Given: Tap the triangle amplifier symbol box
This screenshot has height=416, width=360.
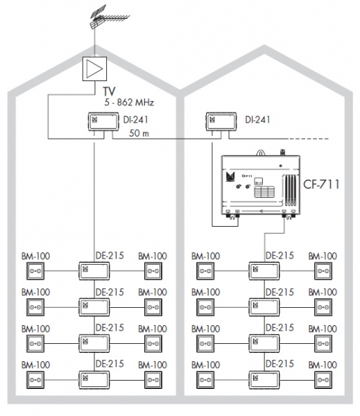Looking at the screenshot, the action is pyautogui.click(x=94, y=69).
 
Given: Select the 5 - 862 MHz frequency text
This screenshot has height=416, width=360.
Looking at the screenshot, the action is pyautogui.click(x=129, y=102).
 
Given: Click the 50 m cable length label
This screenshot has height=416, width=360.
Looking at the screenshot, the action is pyautogui.click(x=139, y=133).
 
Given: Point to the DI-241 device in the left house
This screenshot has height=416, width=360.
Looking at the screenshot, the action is pyautogui.click(x=103, y=121).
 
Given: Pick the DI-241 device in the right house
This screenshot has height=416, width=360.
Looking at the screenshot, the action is pyautogui.click(x=221, y=121).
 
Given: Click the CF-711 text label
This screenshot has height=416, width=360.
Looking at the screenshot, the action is pyautogui.click(x=321, y=184).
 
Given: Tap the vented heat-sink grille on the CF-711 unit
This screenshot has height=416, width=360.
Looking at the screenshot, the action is pyautogui.click(x=290, y=190).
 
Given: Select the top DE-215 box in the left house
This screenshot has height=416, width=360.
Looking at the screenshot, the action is pyautogui.click(x=94, y=271).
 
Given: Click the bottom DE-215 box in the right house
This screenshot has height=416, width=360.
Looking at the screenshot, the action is pyautogui.click(x=264, y=380).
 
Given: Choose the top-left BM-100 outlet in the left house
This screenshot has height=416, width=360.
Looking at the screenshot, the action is pyautogui.click(x=35, y=271).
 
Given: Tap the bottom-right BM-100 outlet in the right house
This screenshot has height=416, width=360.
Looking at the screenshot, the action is pyautogui.click(x=323, y=380).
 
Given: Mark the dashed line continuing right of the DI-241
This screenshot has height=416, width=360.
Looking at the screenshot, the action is pyautogui.click(x=309, y=139).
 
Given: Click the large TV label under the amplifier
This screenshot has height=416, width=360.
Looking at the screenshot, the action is pyautogui.click(x=109, y=92).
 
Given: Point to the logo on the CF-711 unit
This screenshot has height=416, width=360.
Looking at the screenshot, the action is pyautogui.click(x=230, y=177).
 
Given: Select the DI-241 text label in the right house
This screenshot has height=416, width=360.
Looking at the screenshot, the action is pyautogui.click(x=257, y=120).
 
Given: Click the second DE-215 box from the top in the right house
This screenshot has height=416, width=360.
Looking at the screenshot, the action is pyautogui.click(x=264, y=307).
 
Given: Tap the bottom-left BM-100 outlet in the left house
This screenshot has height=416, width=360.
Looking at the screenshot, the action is pyautogui.click(x=35, y=380).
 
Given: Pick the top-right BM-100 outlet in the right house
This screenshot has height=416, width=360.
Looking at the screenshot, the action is pyautogui.click(x=323, y=271).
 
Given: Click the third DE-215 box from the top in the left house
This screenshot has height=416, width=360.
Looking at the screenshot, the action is pyautogui.click(x=94, y=344).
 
